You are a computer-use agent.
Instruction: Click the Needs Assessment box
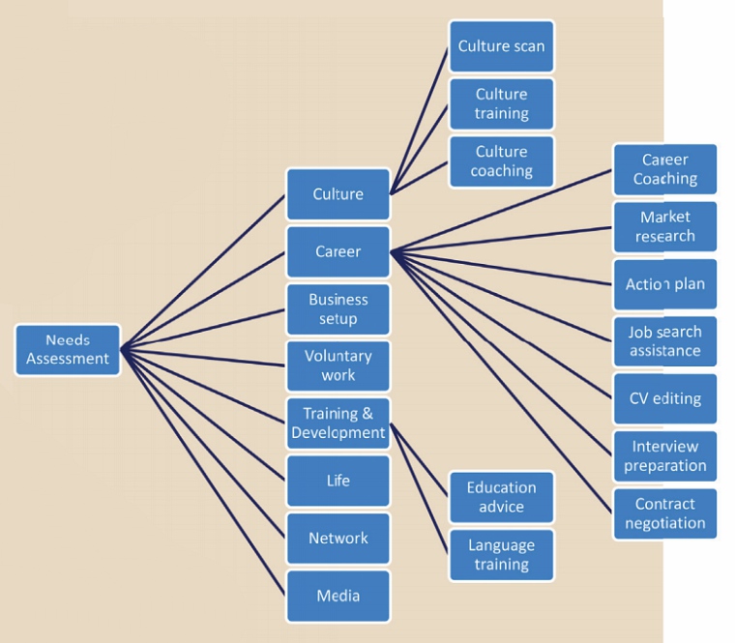click(68, 350)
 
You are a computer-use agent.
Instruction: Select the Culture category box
click(338, 194)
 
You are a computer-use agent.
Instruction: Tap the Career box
click(338, 251)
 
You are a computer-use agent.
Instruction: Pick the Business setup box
click(338, 309)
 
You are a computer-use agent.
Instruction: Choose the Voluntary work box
click(338, 365)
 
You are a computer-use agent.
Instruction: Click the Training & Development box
click(338, 424)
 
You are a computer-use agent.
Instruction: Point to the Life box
click(338, 481)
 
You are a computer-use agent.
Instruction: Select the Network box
click(338, 539)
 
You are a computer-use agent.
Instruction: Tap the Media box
click(338, 596)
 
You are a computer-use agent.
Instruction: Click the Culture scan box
click(501, 46)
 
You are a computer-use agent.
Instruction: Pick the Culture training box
click(501, 103)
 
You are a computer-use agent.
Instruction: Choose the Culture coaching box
click(501, 161)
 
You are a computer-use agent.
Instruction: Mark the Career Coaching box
click(665, 169)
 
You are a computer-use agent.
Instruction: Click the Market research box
click(665, 226)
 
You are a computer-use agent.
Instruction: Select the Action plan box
click(665, 284)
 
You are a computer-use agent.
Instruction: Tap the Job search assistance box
click(665, 341)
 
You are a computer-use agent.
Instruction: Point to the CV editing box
click(665, 398)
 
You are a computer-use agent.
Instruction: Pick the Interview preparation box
click(665, 456)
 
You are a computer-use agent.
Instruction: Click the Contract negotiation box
click(665, 513)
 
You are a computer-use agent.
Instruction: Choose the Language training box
click(501, 555)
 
